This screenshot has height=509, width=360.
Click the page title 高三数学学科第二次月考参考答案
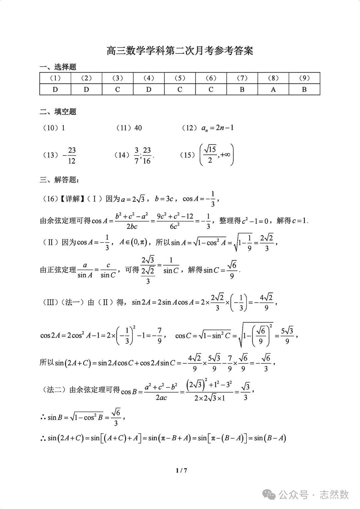[x=180, y=51]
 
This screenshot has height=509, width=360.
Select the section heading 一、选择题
[x=58, y=67]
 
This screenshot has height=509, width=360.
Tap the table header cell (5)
[x=180, y=78]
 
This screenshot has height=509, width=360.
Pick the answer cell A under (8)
[x=273, y=89]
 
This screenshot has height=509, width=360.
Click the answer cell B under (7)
[x=242, y=89]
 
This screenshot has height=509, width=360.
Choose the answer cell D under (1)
[x=55, y=89]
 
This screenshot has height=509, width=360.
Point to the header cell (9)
[x=304, y=78]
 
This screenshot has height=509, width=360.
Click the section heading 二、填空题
[x=58, y=112]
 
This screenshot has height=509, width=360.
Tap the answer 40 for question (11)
[x=138, y=128]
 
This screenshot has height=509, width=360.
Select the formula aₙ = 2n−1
[x=217, y=128]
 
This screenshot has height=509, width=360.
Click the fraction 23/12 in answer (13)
[x=72, y=155]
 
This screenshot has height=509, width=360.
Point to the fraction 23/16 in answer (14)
[x=147, y=155]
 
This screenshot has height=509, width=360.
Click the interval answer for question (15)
[x=217, y=155]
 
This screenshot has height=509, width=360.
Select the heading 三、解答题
[x=59, y=180]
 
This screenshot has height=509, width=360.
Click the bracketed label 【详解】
[x=71, y=199]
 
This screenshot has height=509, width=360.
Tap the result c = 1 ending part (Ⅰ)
[x=300, y=221]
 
